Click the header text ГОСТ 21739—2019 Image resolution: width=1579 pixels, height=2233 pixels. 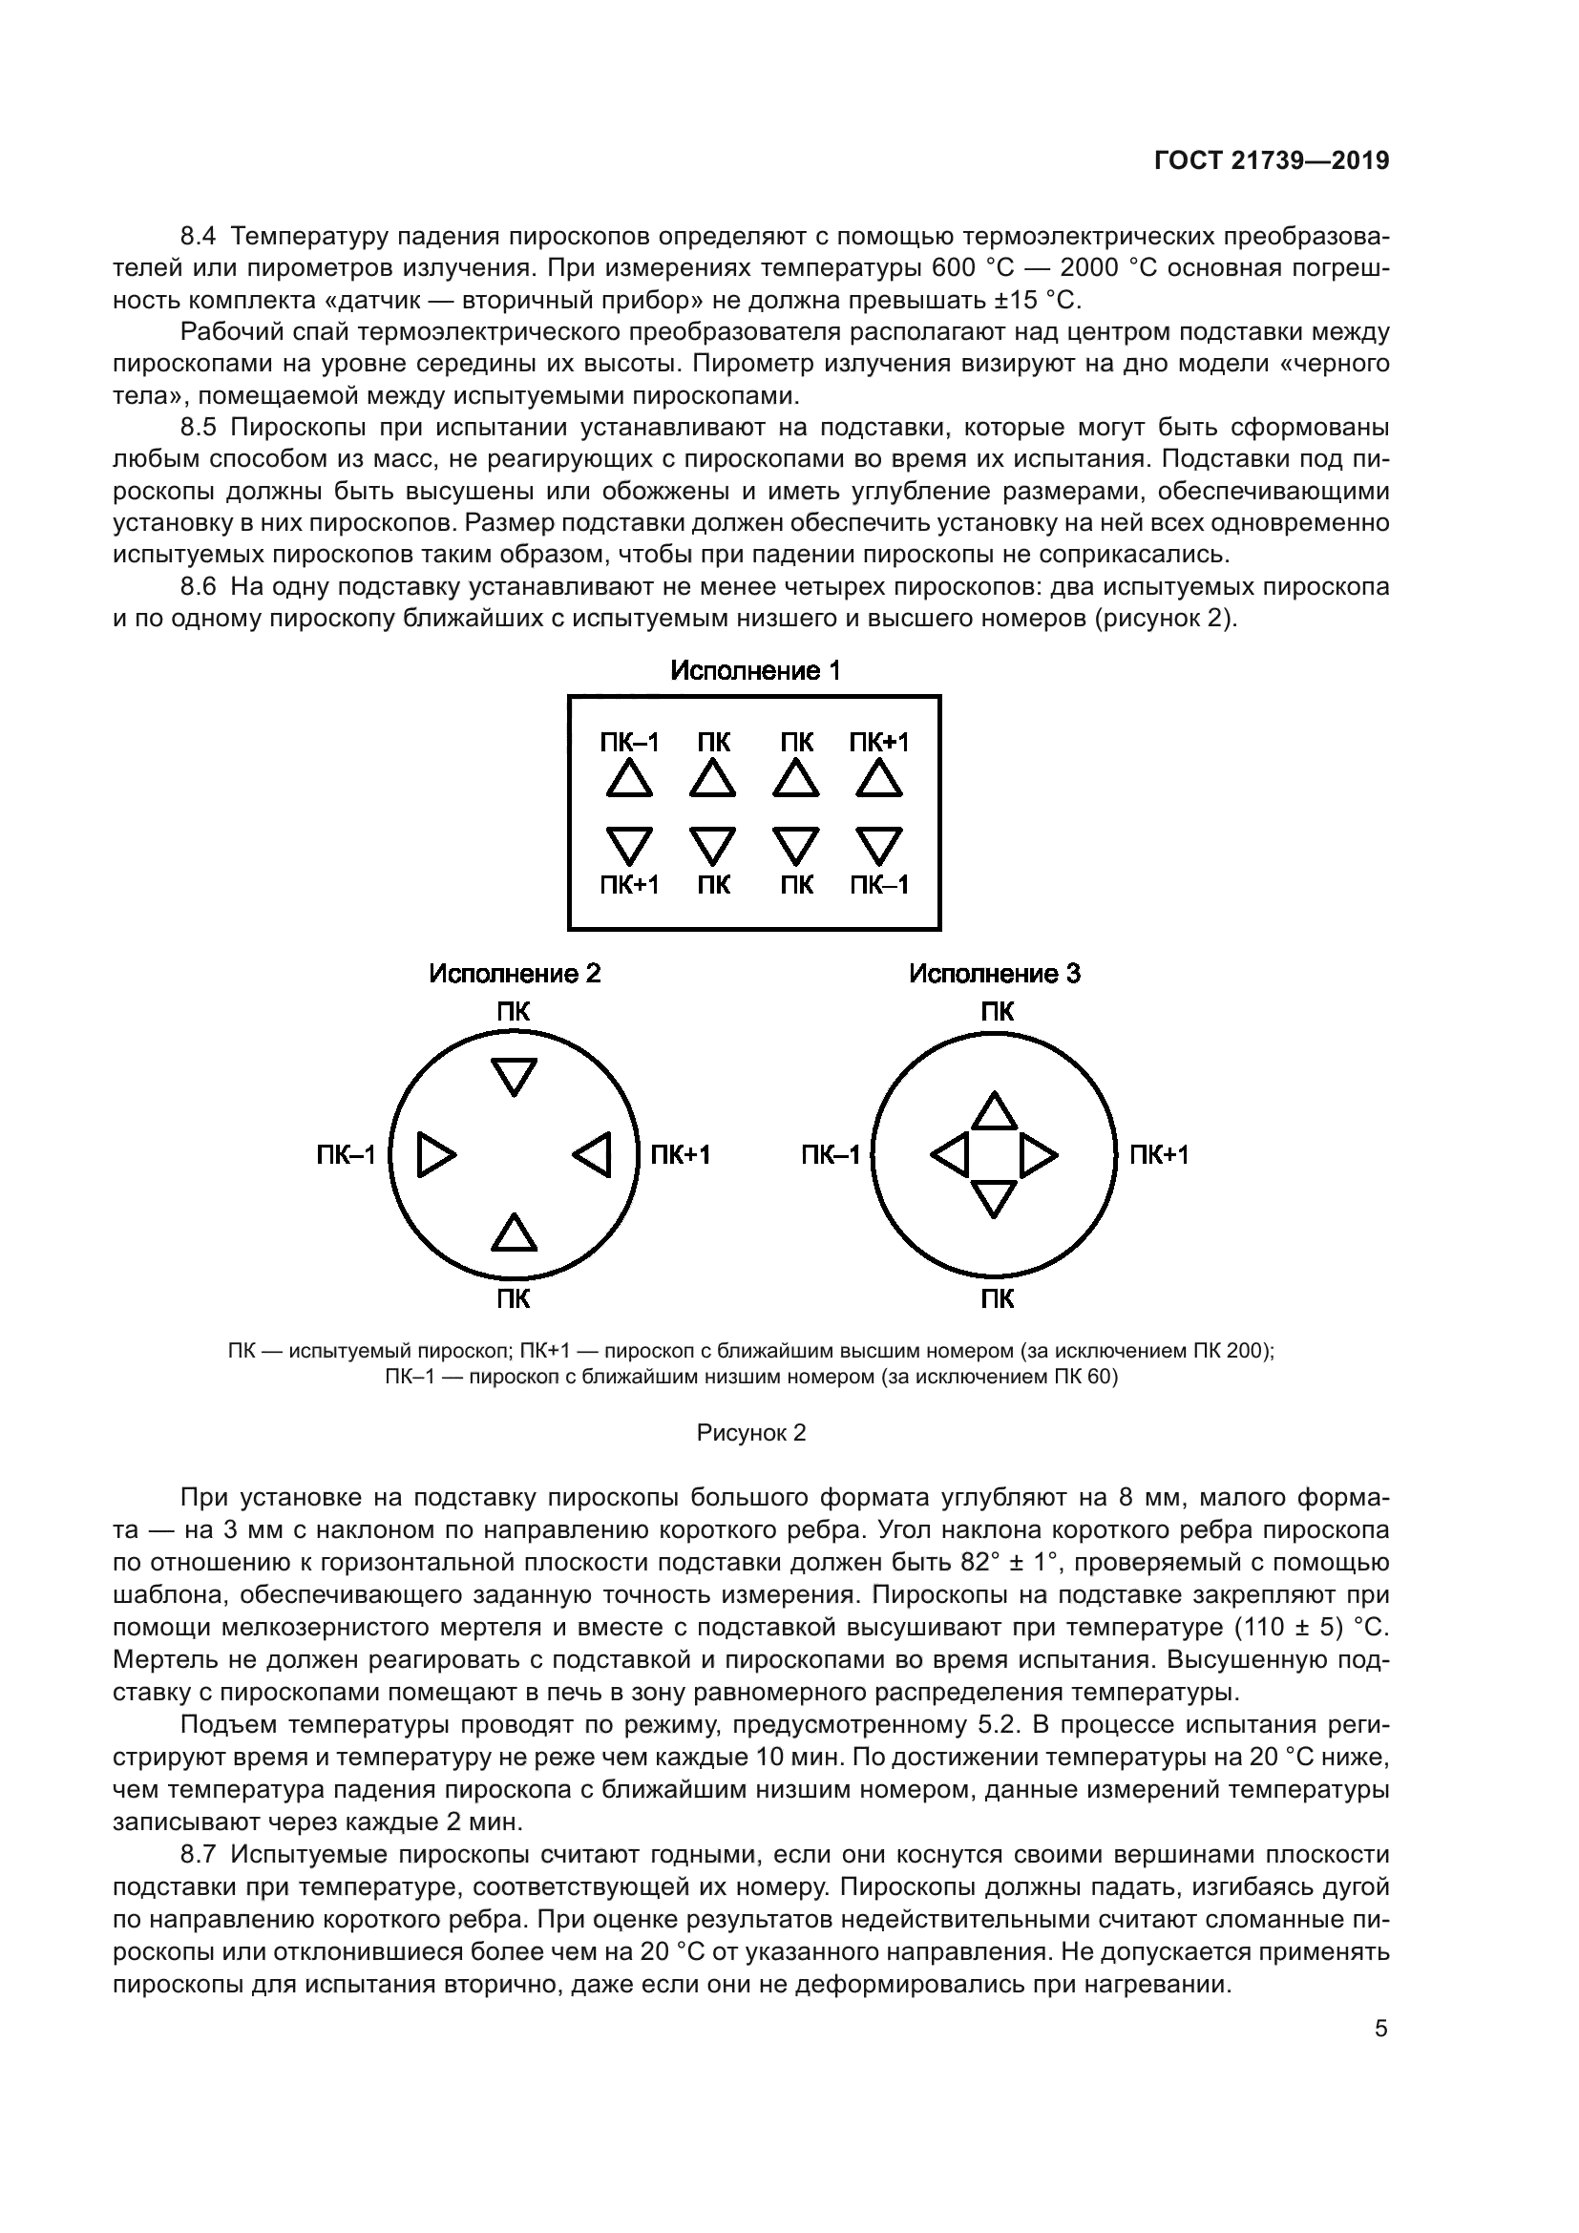(x=1272, y=161)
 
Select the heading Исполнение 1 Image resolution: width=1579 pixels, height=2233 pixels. (x=755, y=671)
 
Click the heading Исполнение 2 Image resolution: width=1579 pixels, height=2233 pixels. (x=516, y=974)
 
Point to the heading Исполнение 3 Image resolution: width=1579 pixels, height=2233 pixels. (x=995, y=974)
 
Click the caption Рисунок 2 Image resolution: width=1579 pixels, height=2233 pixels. (x=751, y=1433)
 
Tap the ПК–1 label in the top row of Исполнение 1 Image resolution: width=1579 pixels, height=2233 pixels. (x=629, y=743)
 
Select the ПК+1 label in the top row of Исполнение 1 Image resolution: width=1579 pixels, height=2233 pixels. (x=879, y=743)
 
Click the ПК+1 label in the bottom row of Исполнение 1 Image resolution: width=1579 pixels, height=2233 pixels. (x=629, y=885)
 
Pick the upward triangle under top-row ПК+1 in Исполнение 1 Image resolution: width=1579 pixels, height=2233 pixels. (x=879, y=780)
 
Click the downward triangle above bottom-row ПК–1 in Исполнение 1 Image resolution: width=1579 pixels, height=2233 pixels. (x=879, y=844)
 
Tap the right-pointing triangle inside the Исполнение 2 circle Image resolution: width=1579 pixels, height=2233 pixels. (x=434, y=1155)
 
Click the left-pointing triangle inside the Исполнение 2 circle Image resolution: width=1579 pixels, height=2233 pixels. (x=593, y=1155)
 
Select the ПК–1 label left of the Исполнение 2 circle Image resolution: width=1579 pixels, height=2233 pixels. (x=347, y=1155)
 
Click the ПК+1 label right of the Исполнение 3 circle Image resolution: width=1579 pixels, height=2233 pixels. (x=1159, y=1155)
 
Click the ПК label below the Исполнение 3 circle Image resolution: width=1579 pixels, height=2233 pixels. (x=998, y=1298)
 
